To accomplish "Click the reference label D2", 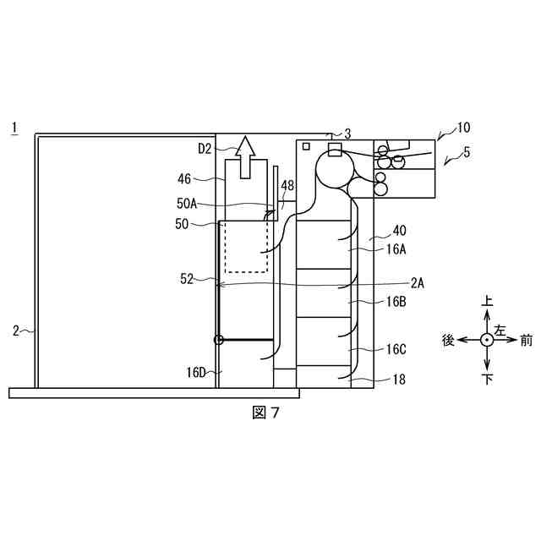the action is [205, 149].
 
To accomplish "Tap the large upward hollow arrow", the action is [246, 157].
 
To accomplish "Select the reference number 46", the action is [184, 178].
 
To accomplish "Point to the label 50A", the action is [187, 203].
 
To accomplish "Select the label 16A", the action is [396, 249].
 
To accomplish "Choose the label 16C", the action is [396, 348].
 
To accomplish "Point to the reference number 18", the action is [398, 380].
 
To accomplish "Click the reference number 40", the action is [399, 229].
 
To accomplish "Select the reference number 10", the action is [464, 128].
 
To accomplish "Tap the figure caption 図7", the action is [266, 413].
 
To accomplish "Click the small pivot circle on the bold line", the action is [219, 340].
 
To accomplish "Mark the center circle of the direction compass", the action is [487, 340].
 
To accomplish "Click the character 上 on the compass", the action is [487, 302].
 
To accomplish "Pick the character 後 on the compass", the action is [449, 340].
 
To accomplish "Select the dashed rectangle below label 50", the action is [245, 247].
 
